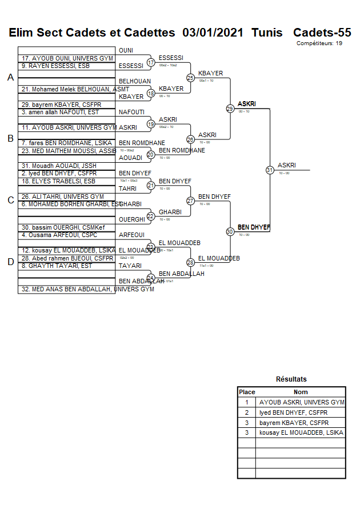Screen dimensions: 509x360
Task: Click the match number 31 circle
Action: point(270,170)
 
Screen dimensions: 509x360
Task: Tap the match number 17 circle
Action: point(151,62)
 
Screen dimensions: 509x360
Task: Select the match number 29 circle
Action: point(230,109)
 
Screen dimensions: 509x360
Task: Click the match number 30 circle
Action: point(230,231)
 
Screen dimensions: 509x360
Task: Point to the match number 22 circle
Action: point(151,216)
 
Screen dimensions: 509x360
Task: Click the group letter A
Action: point(10,78)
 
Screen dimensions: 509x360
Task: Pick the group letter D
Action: point(10,262)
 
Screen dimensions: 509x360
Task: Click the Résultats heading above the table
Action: point(291,379)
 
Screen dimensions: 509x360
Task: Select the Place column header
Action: point(247,392)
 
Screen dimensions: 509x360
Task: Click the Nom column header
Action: point(301,392)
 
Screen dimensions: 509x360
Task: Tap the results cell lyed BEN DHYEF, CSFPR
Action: point(294,412)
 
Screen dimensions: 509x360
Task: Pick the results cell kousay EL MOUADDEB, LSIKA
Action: point(301,433)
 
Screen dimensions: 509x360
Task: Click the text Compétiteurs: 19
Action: point(319,43)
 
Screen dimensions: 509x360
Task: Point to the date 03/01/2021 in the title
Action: point(213,33)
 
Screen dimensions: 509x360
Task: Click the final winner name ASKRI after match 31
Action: point(287,165)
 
